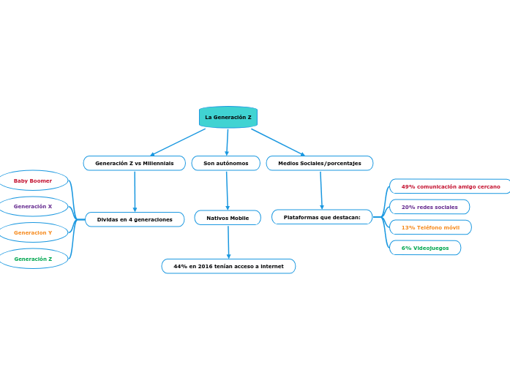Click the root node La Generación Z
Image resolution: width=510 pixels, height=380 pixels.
point(228,118)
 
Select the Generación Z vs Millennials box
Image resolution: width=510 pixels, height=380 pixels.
point(135,163)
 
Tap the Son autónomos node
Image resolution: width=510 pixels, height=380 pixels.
point(225,163)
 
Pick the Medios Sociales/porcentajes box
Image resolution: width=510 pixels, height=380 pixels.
point(319,163)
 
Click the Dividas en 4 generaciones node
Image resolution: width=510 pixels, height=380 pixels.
point(135,219)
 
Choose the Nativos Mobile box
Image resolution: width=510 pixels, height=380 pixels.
point(228,218)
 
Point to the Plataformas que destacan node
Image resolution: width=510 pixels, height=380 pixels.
point(322,217)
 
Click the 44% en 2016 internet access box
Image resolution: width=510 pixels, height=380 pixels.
point(228,266)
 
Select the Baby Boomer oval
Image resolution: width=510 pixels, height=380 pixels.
point(33,180)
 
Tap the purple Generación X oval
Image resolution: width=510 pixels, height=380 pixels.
point(33,206)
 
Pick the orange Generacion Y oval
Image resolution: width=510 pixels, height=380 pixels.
point(33,232)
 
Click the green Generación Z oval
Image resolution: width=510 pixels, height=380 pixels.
point(33,259)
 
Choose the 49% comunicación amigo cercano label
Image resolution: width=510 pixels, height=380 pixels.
point(450,186)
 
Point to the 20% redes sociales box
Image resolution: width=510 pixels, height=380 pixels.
point(430,207)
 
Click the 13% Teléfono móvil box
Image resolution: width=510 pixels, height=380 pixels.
point(430,227)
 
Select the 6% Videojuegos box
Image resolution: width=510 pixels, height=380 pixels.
point(425,248)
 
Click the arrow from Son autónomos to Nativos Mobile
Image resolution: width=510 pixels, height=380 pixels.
point(227,190)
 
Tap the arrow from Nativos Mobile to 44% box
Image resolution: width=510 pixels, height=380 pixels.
point(228,242)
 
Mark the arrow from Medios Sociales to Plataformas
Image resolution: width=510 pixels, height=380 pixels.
point(321,190)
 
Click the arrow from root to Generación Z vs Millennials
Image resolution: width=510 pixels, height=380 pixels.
point(178,142)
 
